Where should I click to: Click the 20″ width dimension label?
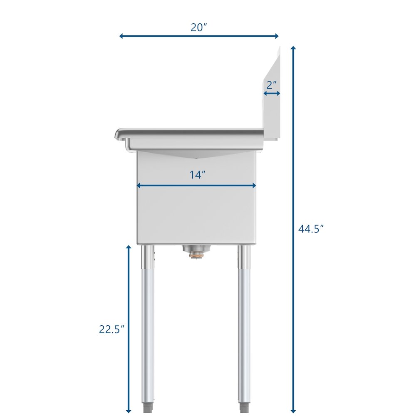pyautogui.click(x=199, y=27)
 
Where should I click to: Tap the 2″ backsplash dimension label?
pyautogui.click(x=271, y=85)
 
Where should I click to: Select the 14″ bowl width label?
pyautogui.click(x=197, y=175)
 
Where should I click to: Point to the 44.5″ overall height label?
pyautogui.click(x=311, y=228)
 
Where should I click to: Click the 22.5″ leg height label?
pyautogui.click(x=111, y=329)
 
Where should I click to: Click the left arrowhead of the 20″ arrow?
pyautogui.click(x=121, y=36)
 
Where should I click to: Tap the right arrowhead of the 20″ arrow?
pyautogui.click(x=277, y=36)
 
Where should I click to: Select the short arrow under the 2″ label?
pyautogui.click(x=272, y=93)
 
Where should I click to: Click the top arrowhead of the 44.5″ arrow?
pyautogui.click(x=293, y=48)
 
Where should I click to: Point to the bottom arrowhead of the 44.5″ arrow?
pyautogui.click(x=293, y=411)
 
